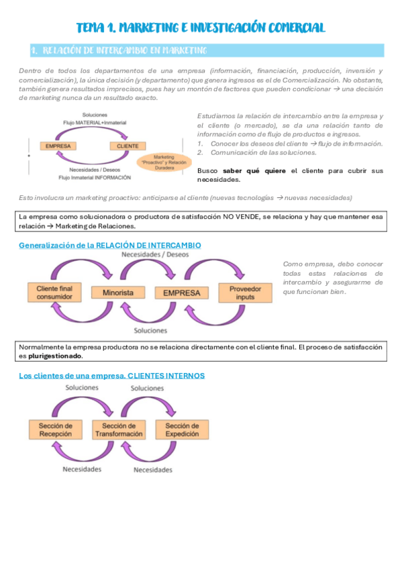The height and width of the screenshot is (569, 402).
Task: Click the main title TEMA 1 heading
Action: click(x=201, y=28)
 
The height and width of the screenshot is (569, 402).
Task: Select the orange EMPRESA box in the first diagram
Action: click(x=58, y=146)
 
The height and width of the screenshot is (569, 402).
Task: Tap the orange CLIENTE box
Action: click(x=128, y=146)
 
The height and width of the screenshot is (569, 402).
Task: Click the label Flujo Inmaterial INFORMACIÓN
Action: click(x=95, y=178)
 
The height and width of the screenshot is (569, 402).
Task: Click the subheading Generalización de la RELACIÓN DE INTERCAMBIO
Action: click(x=109, y=246)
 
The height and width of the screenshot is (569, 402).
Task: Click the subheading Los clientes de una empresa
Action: click(x=111, y=375)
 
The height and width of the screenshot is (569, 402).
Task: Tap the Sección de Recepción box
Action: click(x=55, y=429)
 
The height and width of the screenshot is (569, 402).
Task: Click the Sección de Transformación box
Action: click(x=118, y=429)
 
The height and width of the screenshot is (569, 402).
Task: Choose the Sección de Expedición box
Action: click(x=182, y=429)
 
